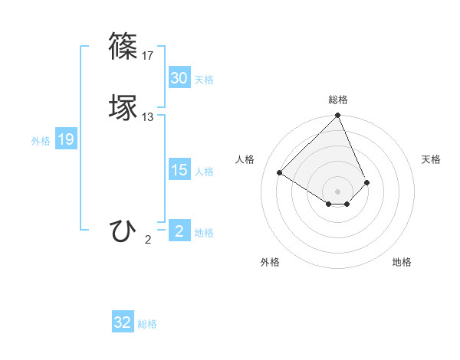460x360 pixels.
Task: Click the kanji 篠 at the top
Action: click(x=123, y=46)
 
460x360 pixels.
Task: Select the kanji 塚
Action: click(x=123, y=107)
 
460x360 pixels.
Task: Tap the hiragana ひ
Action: click(x=123, y=230)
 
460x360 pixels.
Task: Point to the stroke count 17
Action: click(x=148, y=56)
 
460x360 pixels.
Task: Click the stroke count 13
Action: click(x=148, y=117)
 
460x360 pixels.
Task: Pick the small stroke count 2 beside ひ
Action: click(x=148, y=240)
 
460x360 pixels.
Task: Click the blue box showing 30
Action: click(x=179, y=78)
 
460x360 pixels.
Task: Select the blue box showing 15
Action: click(x=179, y=170)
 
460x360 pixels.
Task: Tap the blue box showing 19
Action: click(x=66, y=139)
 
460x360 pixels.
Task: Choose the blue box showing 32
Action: click(x=123, y=322)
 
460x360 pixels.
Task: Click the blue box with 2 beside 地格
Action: click(x=179, y=231)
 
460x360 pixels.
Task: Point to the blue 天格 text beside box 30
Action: click(x=204, y=80)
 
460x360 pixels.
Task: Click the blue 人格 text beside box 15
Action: click(x=204, y=172)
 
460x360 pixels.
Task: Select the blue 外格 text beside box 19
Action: click(x=41, y=141)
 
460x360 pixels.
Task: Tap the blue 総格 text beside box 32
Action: click(x=147, y=324)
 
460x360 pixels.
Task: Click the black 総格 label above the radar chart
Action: click(x=338, y=100)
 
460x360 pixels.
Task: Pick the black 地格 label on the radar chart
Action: click(x=402, y=262)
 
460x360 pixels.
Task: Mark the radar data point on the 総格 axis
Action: click(x=338, y=116)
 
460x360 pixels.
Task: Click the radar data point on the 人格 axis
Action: click(x=280, y=172)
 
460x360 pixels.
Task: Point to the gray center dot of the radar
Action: click(x=338, y=191)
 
